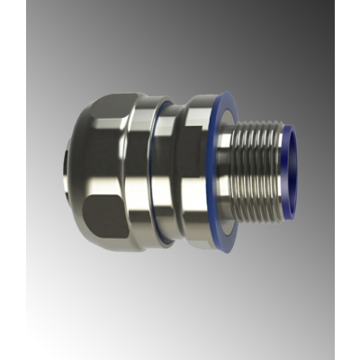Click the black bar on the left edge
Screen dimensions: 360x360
coord(13,180)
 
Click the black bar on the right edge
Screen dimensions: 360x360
coord(347,180)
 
